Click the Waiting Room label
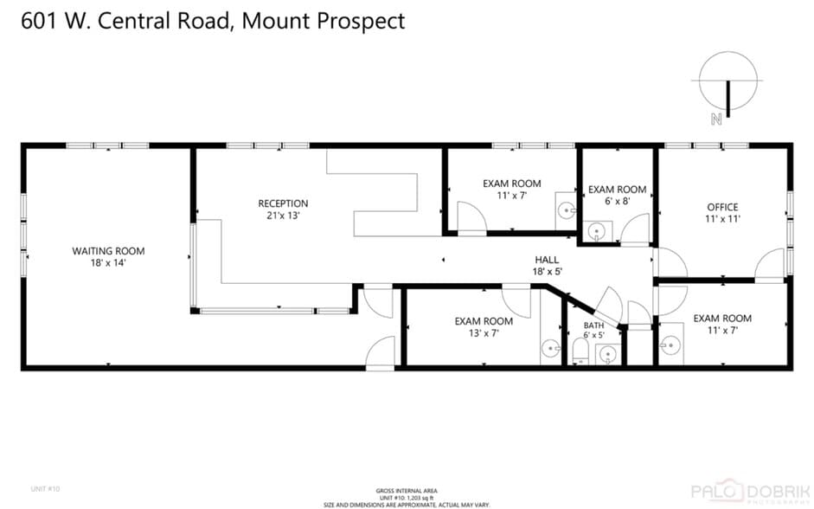click(x=108, y=251)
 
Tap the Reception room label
click(x=283, y=203)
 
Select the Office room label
click(x=722, y=207)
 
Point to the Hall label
click(x=546, y=259)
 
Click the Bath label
click(x=594, y=325)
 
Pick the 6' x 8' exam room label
click(x=617, y=190)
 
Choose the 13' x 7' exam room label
click(x=484, y=321)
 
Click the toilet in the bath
click(x=581, y=351)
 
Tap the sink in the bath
click(x=609, y=353)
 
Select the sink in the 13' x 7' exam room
click(x=551, y=350)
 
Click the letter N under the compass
click(x=716, y=120)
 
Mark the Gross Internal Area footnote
click(x=407, y=497)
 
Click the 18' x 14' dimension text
click(x=108, y=263)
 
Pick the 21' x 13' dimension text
click(x=283, y=216)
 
